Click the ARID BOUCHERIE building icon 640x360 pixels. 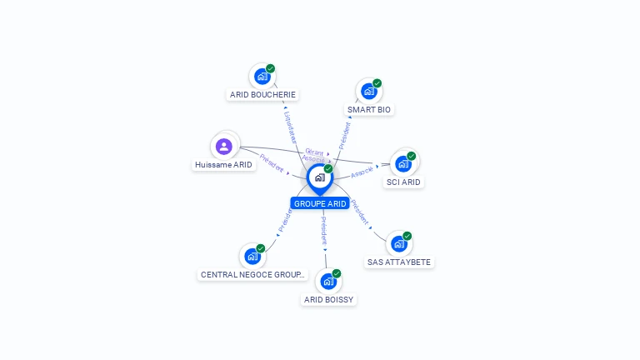click(262, 77)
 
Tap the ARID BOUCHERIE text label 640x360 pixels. click(263, 95)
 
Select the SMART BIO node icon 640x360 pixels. click(368, 91)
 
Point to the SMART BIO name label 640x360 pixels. click(369, 110)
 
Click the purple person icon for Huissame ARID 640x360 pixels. click(223, 147)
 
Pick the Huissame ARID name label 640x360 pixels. click(223, 165)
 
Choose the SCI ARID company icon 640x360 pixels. click(403, 163)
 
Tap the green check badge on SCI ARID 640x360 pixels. click(411, 156)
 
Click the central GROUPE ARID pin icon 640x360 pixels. click(319, 177)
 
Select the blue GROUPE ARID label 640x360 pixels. click(320, 203)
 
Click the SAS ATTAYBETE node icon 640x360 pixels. click(399, 243)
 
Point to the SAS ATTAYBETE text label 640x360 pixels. click(400, 262)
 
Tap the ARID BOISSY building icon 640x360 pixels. click(328, 281)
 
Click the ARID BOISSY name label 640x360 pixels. click(328, 299)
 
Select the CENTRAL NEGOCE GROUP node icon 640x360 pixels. click(252, 256)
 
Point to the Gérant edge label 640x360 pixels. click(313, 152)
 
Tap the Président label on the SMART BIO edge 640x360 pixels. click(344, 136)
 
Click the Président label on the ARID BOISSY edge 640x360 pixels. click(324, 230)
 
